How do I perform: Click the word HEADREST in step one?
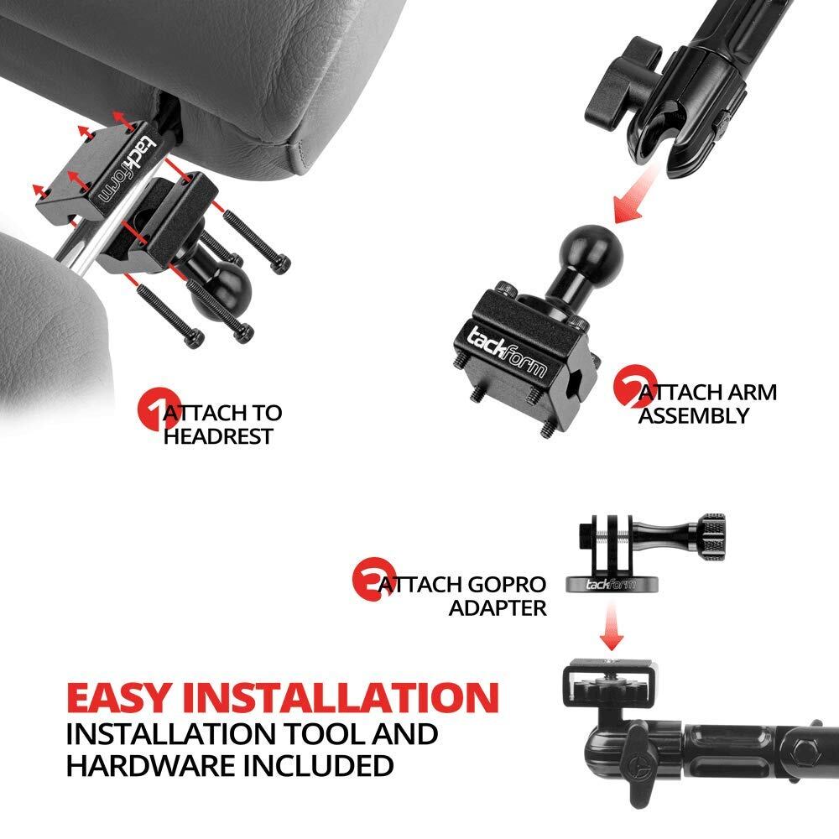tap(218, 436)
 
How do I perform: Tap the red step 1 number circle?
tap(155, 409)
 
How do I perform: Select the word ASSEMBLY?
tap(694, 416)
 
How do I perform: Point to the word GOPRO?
tap(506, 584)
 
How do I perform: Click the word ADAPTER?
tap(498, 607)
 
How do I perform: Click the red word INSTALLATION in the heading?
tap(341, 697)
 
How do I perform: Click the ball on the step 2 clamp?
tap(587, 248)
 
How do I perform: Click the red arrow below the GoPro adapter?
tap(611, 625)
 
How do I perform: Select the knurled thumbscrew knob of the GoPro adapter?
tap(711, 539)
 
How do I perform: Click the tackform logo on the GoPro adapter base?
tap(611, 584)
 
